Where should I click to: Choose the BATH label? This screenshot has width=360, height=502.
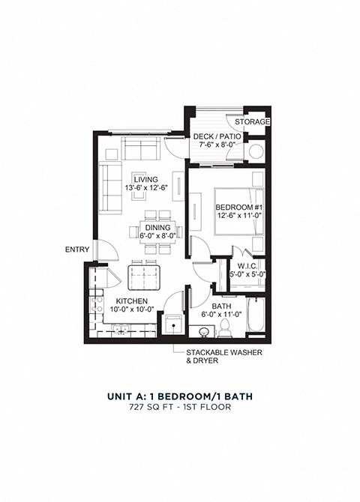(221, 306)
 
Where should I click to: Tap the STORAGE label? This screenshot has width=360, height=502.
(251, 121)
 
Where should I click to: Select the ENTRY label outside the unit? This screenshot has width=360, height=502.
(76, 250)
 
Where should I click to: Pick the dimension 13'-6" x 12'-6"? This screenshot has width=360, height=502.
(145, 188)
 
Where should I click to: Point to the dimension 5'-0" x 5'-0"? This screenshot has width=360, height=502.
(248, 274)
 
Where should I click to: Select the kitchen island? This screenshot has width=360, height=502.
(144, 276)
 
